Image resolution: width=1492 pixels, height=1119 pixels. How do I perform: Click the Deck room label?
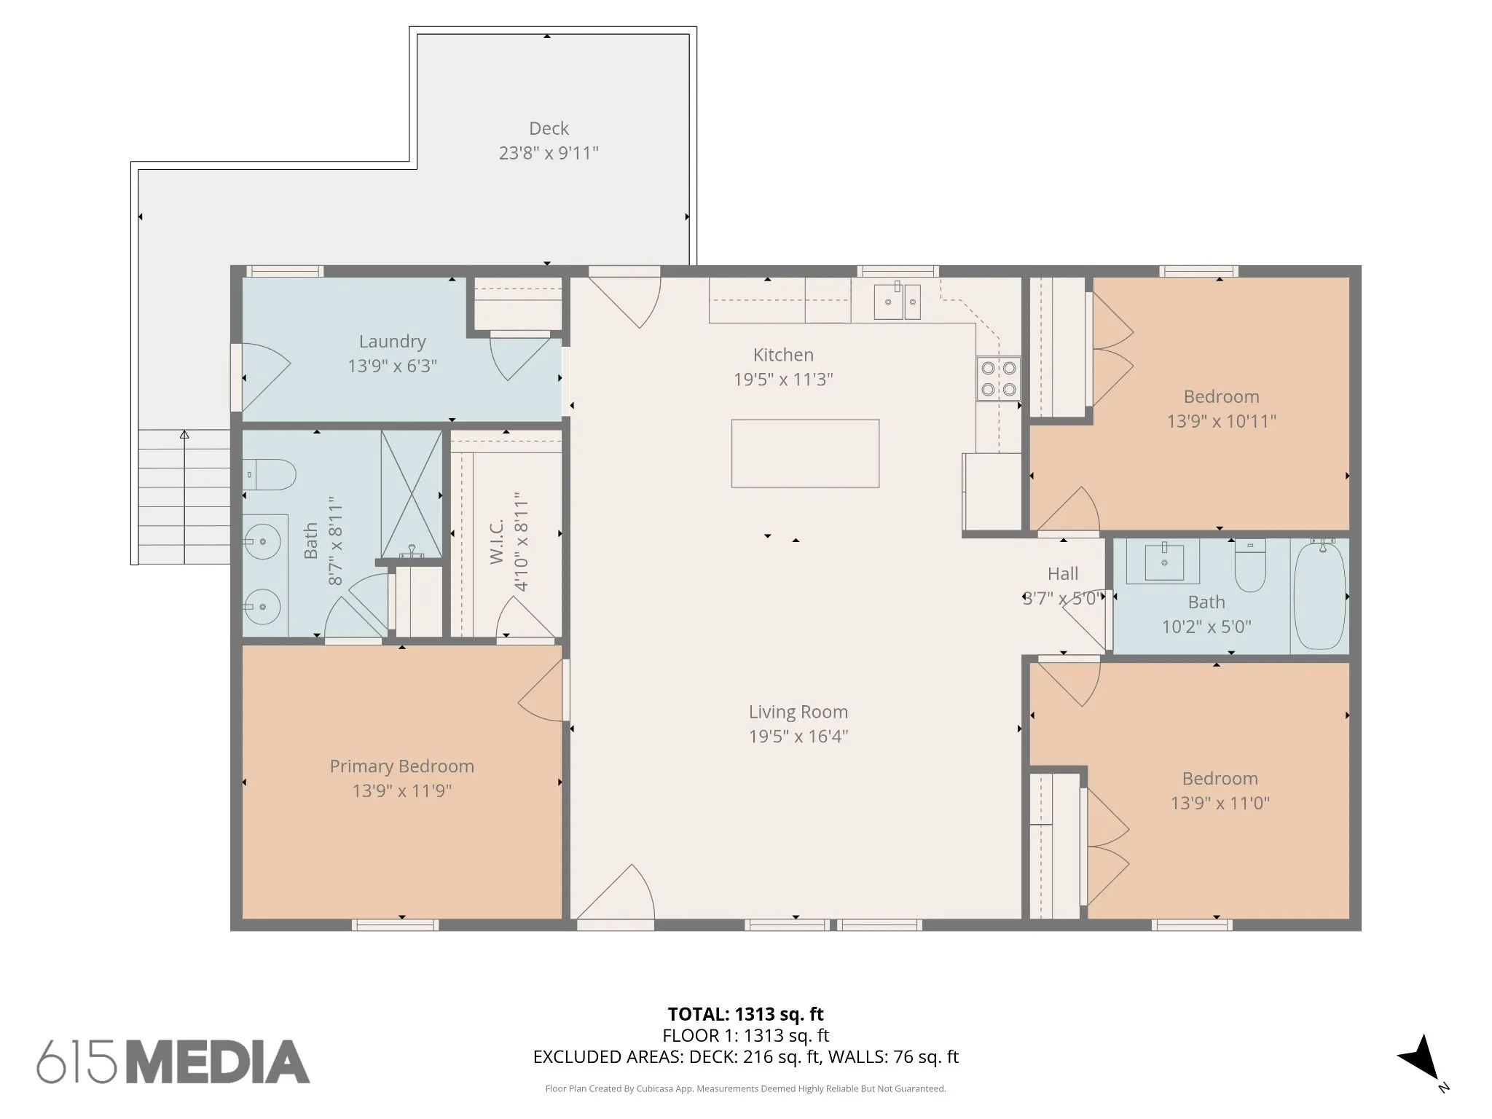tap(549, 129)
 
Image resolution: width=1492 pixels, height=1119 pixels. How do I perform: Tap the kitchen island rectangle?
tap(805, 453)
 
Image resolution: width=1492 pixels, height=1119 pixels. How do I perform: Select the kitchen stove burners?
tap(998, 378)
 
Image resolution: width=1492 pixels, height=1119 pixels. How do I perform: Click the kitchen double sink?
tap(897, 302)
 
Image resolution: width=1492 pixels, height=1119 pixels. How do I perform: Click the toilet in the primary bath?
tap(269, 474)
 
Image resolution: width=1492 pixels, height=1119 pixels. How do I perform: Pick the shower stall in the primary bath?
tap(412, 495)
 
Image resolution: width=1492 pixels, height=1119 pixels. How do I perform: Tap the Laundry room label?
tap(392, 342)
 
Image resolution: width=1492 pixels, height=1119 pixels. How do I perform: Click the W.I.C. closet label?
tap(497, 542)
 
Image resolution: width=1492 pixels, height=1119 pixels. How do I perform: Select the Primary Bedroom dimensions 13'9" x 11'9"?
tap(402, 790)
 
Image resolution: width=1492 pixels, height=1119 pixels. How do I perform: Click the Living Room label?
tap(798, 712)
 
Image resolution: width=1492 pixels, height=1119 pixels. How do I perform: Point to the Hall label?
tap(1063, 574)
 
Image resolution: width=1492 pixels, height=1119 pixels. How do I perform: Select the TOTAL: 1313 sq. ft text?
tap(746, 1014)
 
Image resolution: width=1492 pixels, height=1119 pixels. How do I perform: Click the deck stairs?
tap(184, 497)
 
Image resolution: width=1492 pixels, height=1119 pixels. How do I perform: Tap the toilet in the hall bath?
tap(1250, 565)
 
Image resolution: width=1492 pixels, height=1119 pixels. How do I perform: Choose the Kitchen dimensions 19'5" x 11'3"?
tap(783, 380)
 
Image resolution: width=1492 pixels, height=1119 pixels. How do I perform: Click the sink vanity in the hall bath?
tap(1163, 562)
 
